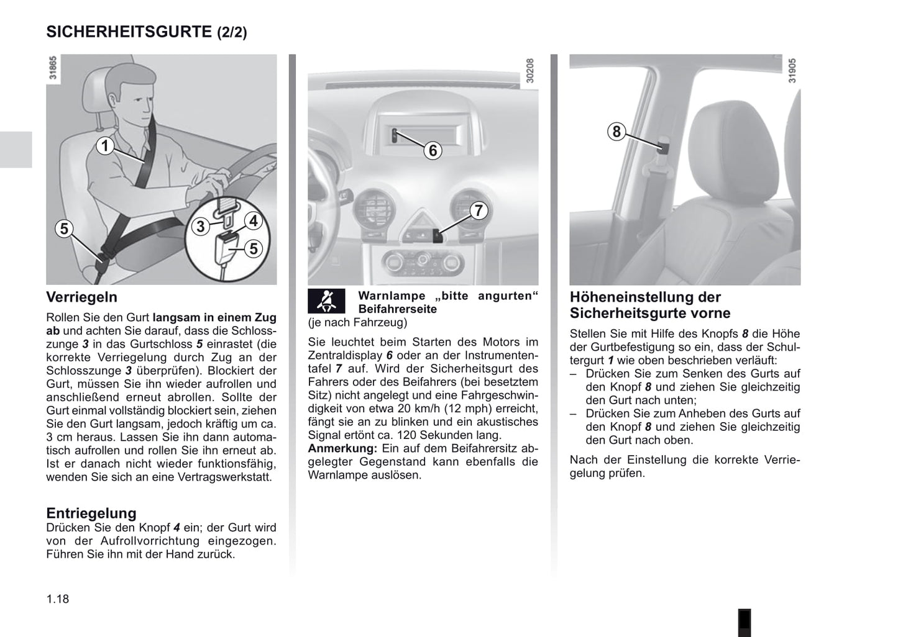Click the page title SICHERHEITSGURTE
pyautogui.click(x=129, y=31)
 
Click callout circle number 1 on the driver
pyautogui.click(x=105, y=146)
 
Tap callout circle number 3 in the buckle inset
pyautogui.click(x=200, y=227)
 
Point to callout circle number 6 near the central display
pyautogui.click(x=433, y=150)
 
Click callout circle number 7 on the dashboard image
pyautogui.click(x=478, y=211)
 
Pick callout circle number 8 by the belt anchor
pyautogui.click(x=616, y=132)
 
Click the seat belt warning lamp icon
pyautogui.click(x=326, y=302)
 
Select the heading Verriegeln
pyautogui.click(x=81, y=297)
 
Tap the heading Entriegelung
pyautogui.click(x=91, y=513)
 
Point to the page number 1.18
pyautogui.click(x=58, y=599)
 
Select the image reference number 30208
pyautogui.click(x=530, y=71)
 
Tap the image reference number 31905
pyautogui.click(x=792, y=71)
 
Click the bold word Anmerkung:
pyautogui.click(x=342, y=448)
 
